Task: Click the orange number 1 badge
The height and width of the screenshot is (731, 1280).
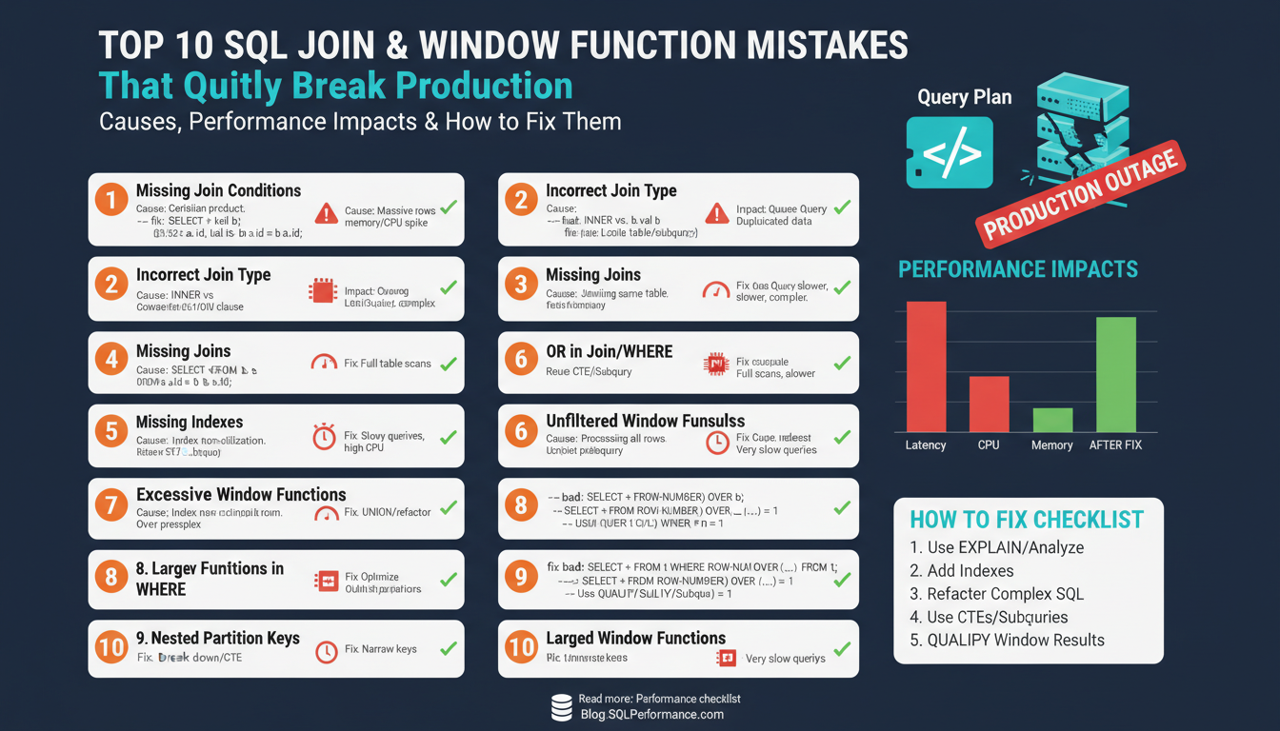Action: (111, 200)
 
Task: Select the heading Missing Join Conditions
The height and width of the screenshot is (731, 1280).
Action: (218, 190)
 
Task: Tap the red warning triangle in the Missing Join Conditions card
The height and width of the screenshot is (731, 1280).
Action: (326, 213)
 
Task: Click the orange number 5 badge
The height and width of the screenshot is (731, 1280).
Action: (111, 431)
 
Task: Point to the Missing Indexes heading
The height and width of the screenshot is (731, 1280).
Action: (190, 422)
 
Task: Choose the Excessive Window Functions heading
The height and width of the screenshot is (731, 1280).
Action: (241, 494)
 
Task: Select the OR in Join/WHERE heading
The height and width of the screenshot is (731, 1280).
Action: (609, 351)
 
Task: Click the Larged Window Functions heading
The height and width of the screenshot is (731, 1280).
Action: (635, 638)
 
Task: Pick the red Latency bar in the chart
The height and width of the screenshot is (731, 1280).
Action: (926, 366)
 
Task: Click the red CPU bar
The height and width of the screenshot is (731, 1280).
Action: (989, 404)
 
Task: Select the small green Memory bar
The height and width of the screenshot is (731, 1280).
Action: (1052, 420)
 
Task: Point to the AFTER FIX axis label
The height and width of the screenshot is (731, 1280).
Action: (1115, 445)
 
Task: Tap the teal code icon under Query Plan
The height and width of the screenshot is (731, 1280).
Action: (949, 152)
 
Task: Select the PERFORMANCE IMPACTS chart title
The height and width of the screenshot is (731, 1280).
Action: (1017, 269)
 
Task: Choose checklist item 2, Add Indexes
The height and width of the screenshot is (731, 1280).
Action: (962, 570)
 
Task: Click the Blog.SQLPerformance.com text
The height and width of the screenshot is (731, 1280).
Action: (651, 714)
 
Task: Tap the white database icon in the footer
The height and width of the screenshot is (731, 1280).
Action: (561, 707)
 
